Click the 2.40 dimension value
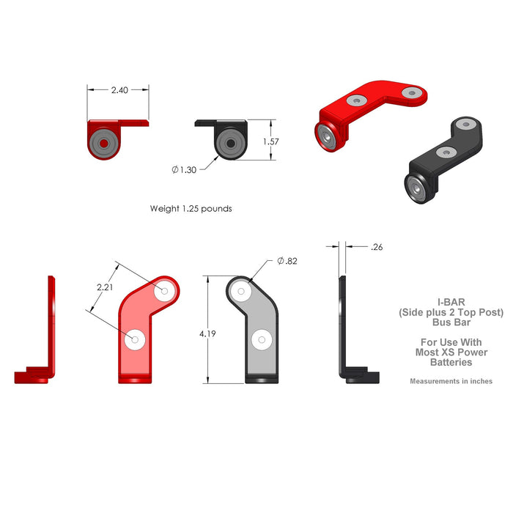119,90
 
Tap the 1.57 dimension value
270,141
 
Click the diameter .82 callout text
287,261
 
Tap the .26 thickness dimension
377,247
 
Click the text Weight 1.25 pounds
191,208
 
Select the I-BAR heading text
450,302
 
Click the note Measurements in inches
451,381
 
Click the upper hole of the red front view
164,291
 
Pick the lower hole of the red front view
134,340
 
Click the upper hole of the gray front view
239,291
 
